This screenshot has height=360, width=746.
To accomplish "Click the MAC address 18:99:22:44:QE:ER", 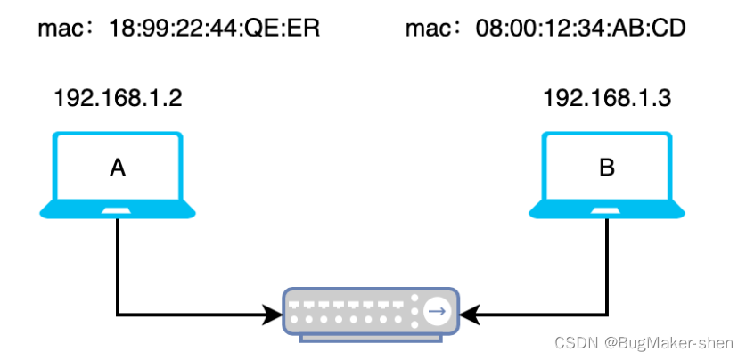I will click(x=214, y=29).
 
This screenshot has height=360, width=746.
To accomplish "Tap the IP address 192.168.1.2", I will click(x=119, y=98).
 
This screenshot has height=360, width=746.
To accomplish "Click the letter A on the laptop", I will click(x=118, y=167).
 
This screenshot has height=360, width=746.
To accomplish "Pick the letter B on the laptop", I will click(x=607, y=167).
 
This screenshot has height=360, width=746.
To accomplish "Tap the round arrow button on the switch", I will click(x=438, y=312).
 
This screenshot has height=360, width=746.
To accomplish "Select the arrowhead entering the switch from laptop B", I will click(x=472, y=314).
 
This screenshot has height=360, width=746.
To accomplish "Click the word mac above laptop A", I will click(x=55, y=29).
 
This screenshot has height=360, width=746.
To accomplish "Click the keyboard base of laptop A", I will click(x=118, y=210).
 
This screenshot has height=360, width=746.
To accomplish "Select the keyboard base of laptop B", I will click(x=607, y=210).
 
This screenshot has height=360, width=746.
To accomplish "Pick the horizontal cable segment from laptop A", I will click(x=187, y=314).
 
